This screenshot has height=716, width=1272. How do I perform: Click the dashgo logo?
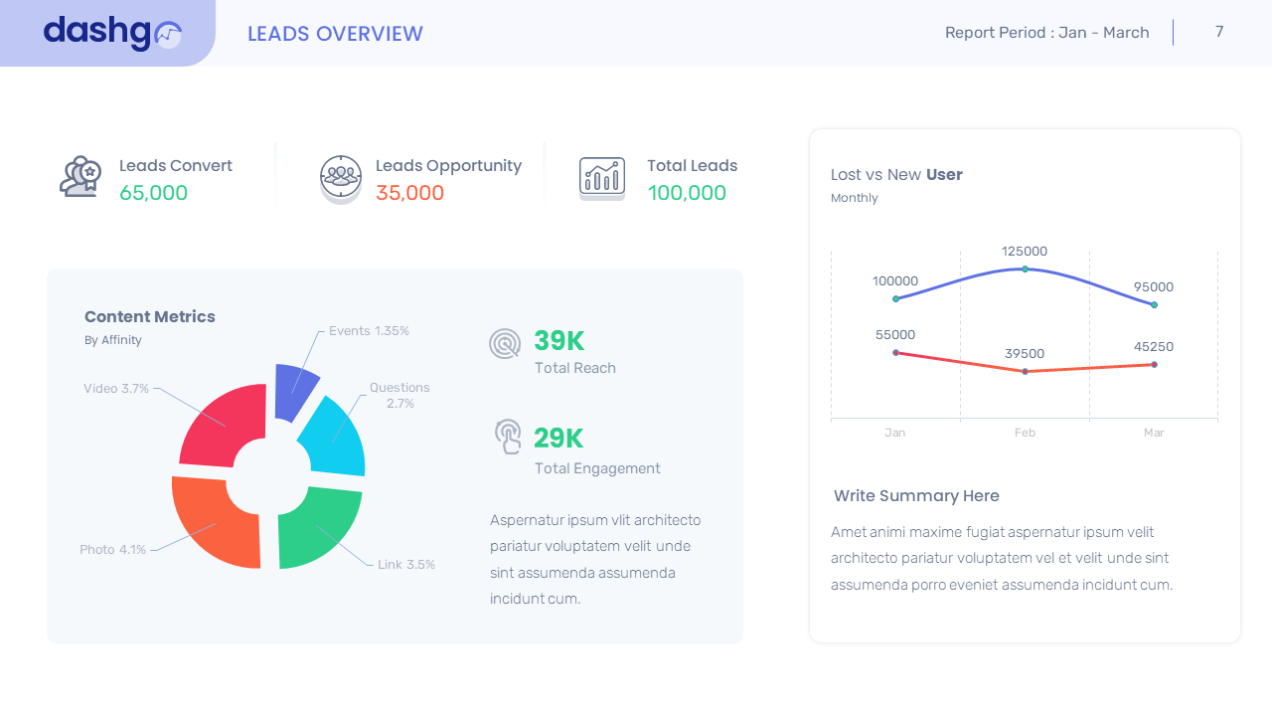click(x=111, y=33)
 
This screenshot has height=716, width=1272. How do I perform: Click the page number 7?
click(x=1219, y=32)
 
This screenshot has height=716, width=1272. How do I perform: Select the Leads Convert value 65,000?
click(x=153, y=193)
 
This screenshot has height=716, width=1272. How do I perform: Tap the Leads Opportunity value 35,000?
click(x=409, y=193)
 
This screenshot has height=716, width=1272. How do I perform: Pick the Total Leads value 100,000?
click(x=687, y=193)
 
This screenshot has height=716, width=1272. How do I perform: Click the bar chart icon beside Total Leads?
click(x=602, y=178)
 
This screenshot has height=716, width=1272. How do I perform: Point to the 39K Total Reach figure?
click(x=558, y=341)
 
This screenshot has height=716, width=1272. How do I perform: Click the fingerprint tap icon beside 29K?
click(x=508, y=437)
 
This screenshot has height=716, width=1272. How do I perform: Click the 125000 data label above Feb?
click(x=1025, y=252)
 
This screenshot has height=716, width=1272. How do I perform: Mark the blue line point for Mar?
click(x=1154, y=305)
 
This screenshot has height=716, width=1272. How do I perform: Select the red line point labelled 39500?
click(x=1025, y=372)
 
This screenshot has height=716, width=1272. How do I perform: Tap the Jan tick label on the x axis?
click(x=895, y=433)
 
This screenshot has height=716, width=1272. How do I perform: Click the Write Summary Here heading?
click(x=916, y=495)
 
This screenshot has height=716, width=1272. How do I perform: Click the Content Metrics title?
click(x=150, y=316)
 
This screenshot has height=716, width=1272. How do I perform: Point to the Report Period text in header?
click(x=1046, y=33)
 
